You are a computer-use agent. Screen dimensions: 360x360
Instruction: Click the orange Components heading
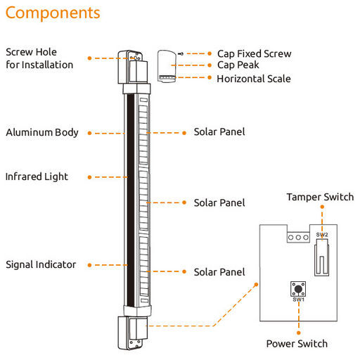pos(53,13)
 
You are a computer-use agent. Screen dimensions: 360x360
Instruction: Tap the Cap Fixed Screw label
pos(255,53)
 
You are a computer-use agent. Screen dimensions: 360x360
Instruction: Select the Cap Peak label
pos(238,65)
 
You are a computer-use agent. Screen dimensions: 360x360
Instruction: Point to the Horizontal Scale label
pos(254,79)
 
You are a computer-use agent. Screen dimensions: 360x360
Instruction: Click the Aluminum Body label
pos(42,132)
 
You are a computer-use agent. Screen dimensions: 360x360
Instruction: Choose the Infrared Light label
pos(37,176)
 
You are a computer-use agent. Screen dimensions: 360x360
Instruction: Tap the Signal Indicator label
pos(41,264)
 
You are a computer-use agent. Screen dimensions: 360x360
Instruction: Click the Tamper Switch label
pos(320,197)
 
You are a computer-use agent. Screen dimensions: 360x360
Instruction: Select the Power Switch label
pos(297,344)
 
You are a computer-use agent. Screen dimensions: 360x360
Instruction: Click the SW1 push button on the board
pos(298,289)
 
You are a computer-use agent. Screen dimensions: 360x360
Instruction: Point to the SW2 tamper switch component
pos(321,257)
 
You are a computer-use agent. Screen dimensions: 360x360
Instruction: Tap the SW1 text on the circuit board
pos(298,300)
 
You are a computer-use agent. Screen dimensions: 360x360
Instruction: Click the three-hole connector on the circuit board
pos(298,238)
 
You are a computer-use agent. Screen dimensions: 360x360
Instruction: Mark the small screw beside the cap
pos(181,53)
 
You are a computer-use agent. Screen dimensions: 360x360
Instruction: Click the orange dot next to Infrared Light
pos(89,177)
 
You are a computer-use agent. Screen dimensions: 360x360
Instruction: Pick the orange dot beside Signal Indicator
pos(89,265)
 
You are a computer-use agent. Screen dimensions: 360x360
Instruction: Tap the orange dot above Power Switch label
pos(299,333)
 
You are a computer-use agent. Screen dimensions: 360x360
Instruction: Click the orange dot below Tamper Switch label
pos(322,207)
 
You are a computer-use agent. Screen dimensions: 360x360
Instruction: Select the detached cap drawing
pos(167,66)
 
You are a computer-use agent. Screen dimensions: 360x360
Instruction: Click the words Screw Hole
pos(31,52)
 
